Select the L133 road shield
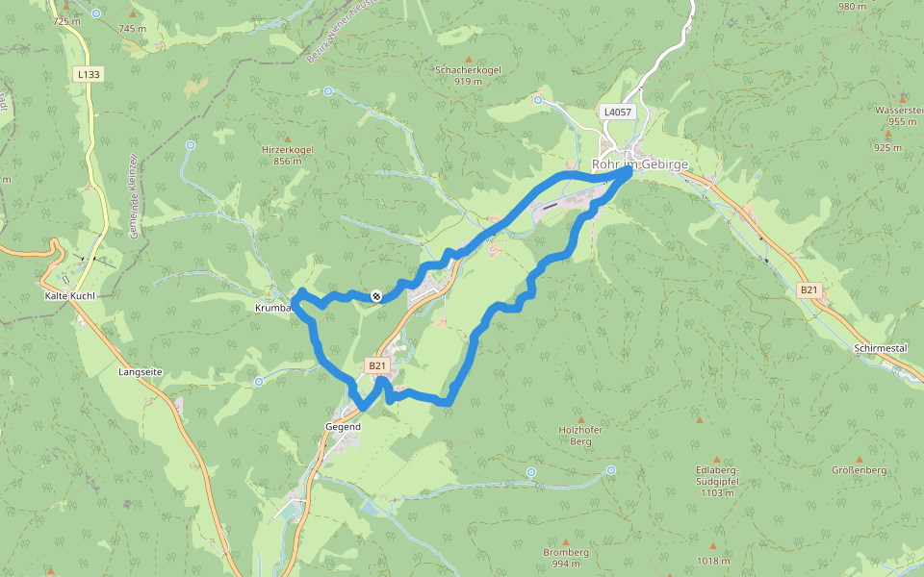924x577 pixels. pyautogui.click(x=89, y=74)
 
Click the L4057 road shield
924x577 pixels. pyautogui.click(x=617, y=113)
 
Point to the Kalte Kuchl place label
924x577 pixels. pyautogui.click(x=69, y=296)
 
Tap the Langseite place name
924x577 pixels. pyautogui.click(x=140, y=371)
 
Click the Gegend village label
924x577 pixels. pyautogui.click(x=343, y=426)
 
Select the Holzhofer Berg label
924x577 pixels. pyautogui.click(x=580, y=436)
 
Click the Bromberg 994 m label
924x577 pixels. pyautogui.click(x=565, y=558)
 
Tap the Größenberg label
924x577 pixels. pyautogui.click(x=859, y=470)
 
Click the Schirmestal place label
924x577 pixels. pyautogui.click(x=880, y=347)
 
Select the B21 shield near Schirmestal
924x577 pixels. pyautogui.click(x=809, y=289)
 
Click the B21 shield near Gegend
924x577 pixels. pyautogui.click(x=376, y=366)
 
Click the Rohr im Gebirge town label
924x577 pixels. pyautogui.click(x=640, y=164)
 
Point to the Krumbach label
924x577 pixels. pyautogui.click(x=272, y=308)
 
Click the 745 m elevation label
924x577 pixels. pyautogui.click(x=132, y=29)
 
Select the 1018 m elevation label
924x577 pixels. pyautogui.click(x=713, y=561)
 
